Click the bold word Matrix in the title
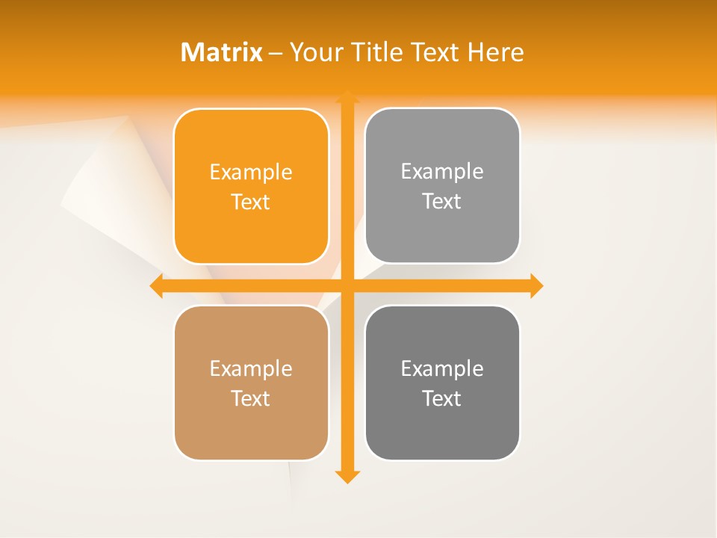(222, 52)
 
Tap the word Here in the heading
(496, 52)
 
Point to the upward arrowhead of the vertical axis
(347, 97)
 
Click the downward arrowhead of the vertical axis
(347, 476)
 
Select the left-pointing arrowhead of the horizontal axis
(157, 285)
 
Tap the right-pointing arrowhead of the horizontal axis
(536, 285)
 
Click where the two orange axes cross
(347, 285)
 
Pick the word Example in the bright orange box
(251, 173)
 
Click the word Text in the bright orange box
(251, 202)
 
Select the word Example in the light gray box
(442, 172)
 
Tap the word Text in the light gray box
(442, 201)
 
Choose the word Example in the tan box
(251, 369)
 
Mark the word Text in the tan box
(251, 398)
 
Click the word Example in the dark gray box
(442, 369)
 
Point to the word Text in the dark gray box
(442, 398)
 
